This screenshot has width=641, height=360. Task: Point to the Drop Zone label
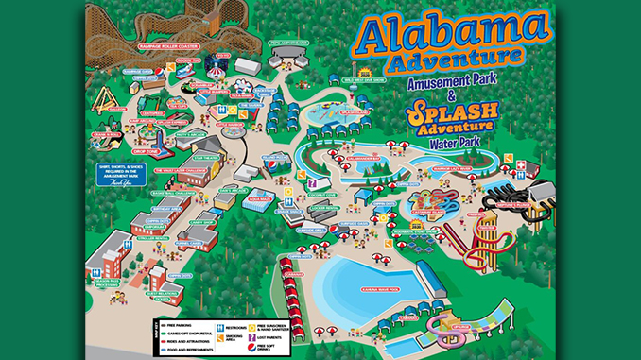146,150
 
